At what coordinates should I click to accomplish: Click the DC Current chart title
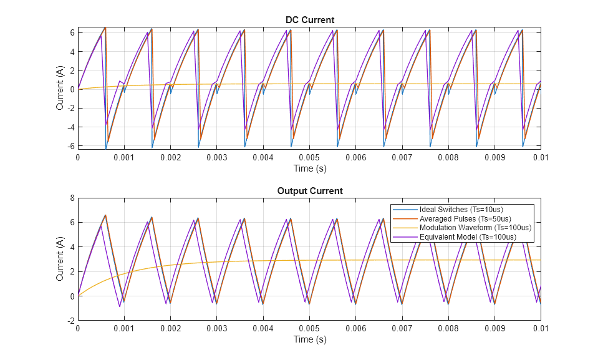[309, 20]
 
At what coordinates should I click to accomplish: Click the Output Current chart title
[309, 191]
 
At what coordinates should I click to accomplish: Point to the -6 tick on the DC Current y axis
[71, 146]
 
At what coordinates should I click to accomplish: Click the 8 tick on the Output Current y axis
[72, 198]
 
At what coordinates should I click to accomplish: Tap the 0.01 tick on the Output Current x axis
[540, 329]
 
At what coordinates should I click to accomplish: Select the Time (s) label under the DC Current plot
[309, 168]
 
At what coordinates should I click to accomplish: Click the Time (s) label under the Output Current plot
[309, 339]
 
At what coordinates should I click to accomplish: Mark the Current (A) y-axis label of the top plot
[60, 89]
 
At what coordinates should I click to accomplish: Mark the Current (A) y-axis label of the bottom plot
[60, 260]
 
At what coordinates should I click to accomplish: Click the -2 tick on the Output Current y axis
[71, 320]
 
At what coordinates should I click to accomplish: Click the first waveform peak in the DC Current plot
[105, 28]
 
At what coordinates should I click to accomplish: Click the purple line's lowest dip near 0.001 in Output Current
[120, 306]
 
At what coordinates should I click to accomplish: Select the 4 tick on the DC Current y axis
[72, 52]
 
